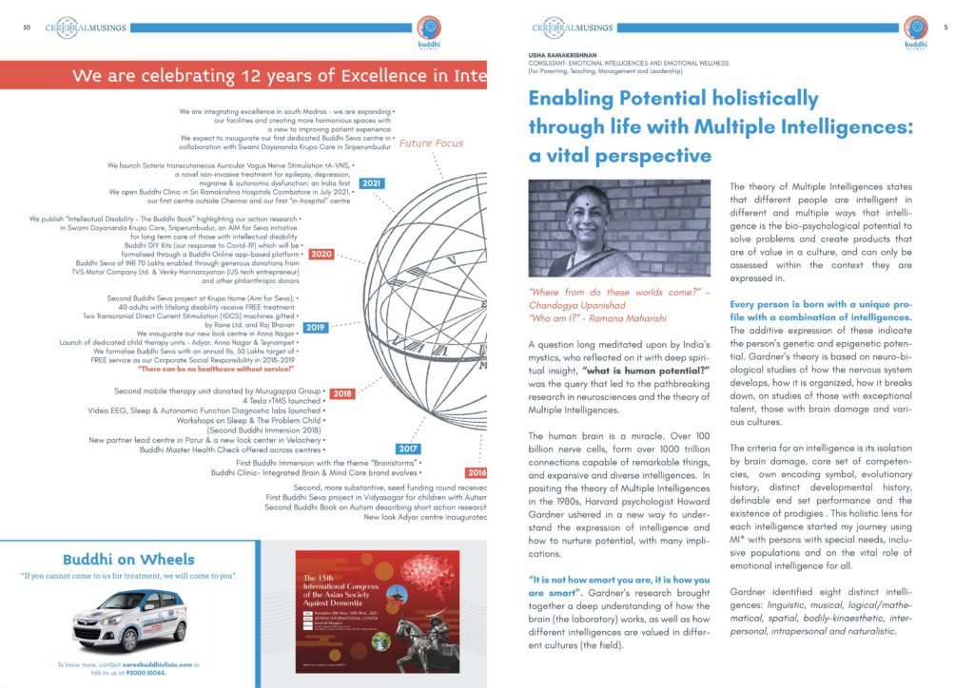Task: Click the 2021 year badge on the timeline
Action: (x=373, y=182)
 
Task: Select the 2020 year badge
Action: (x=321, y=254)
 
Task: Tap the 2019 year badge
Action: (x=315, y=327)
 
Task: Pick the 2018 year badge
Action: (x=342, y=392)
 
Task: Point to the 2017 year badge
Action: (x=408, y=448)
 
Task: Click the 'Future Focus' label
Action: (x=432, y=143)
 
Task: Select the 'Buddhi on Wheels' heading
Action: (x=128, y=559)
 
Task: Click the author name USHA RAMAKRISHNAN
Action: (x=569, y=56)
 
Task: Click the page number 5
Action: (x=945, y=28)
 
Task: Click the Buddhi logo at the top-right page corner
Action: (x=915, y=30)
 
